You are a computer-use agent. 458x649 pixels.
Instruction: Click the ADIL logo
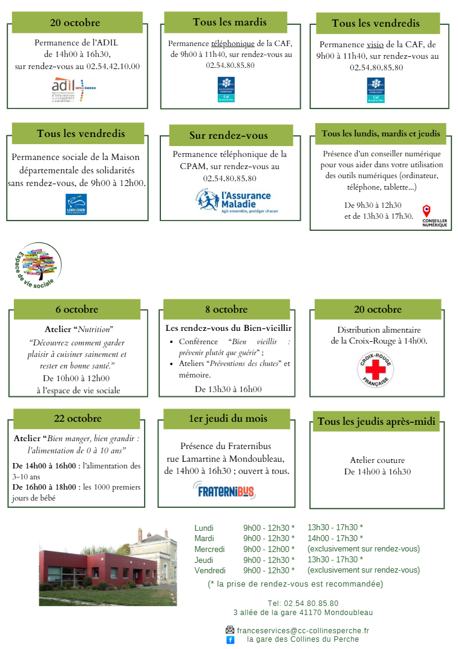point(73,88)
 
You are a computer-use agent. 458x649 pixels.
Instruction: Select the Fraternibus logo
point(224,490)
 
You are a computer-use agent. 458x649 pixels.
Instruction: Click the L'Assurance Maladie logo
point(234,202)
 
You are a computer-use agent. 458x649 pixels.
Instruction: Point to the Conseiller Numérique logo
point(434,216)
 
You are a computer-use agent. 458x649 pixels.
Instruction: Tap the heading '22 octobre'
point(77,418)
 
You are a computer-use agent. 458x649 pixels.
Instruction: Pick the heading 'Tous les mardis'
point(229,22)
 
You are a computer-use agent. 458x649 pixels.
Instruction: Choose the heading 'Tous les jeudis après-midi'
point(376,421)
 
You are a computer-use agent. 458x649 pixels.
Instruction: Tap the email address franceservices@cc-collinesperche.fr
point(303,630)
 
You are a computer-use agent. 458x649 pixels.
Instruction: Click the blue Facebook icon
point(231,640)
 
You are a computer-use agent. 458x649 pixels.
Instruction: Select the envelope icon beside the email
point(230,630)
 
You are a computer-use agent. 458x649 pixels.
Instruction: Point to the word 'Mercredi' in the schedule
point(209,549)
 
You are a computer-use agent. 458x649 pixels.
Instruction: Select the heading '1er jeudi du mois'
point(227,418)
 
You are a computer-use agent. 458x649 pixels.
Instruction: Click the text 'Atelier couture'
point(378,461)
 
